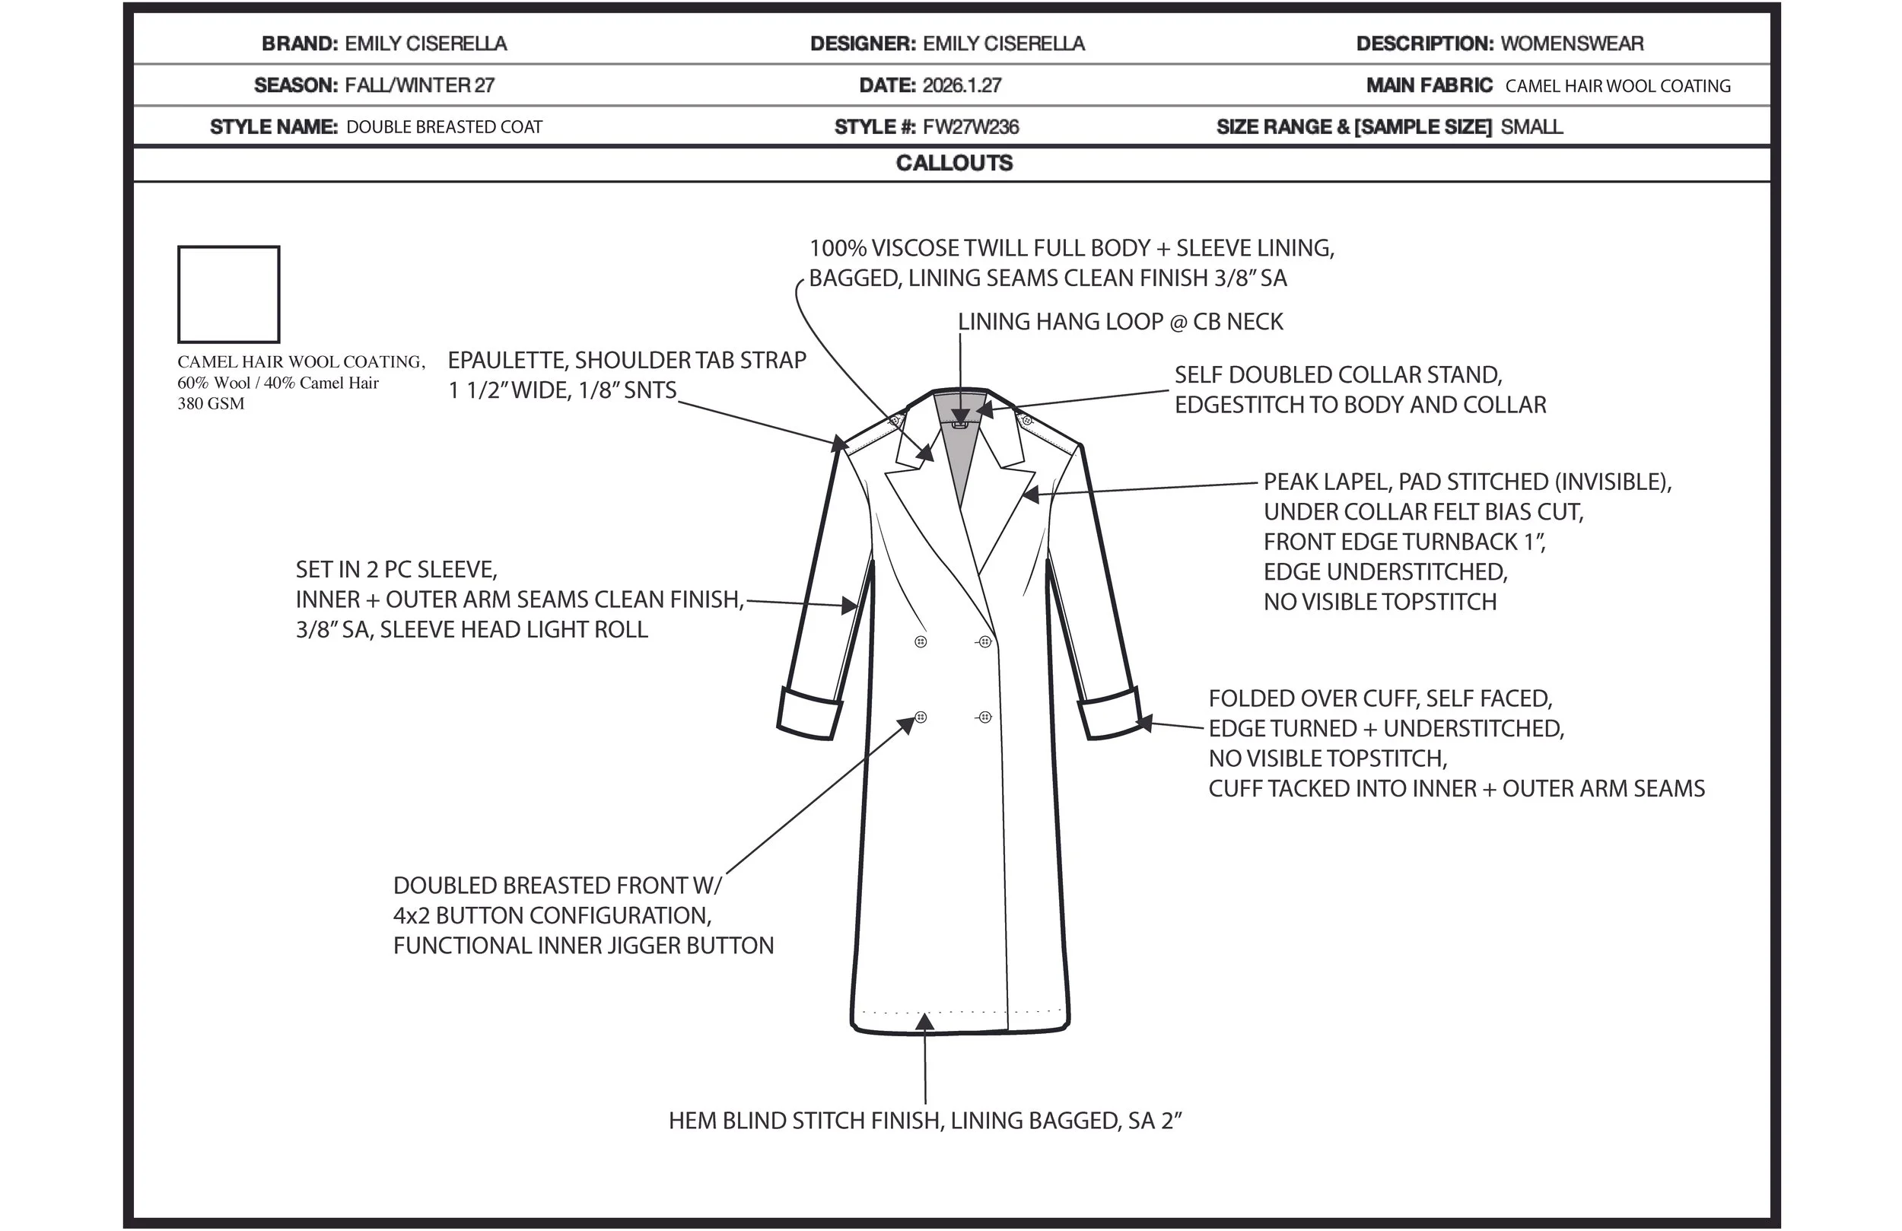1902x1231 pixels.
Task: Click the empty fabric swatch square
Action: [228, 294]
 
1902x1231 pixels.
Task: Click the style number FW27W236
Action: [970, 127]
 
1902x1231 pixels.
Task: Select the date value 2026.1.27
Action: [962, 85]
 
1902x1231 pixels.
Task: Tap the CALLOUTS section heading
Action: [954, 163]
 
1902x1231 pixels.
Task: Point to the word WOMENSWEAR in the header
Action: [1571, 44]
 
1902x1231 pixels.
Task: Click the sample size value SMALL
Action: [1531, 127]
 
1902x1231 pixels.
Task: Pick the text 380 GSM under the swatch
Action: [211, 404]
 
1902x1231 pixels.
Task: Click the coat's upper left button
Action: [921, 642]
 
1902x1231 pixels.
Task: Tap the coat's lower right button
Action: [984, 717]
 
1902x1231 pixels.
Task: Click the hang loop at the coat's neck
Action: [960, 424]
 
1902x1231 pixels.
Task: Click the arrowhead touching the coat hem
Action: [924, 1021]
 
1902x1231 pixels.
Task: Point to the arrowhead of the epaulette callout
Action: [838, 443]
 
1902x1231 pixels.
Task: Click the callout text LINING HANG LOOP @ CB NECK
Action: [1121, 322]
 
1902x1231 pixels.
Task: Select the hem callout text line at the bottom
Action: [924, 1121]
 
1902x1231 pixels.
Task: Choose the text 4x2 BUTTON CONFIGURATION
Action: [552, 915]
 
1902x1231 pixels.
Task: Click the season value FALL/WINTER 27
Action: [419, 85]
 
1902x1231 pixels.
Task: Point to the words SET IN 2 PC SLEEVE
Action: [396, 570]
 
